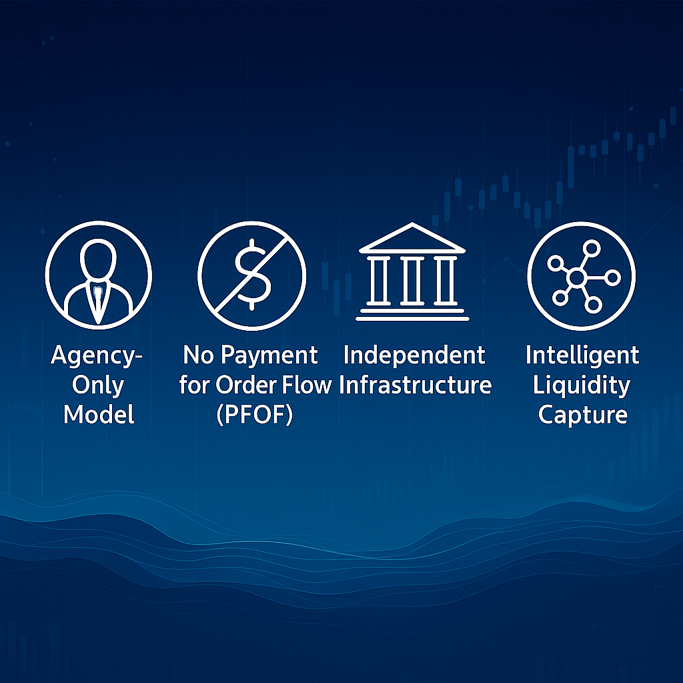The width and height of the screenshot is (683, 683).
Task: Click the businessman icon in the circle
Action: [x=99, y=275]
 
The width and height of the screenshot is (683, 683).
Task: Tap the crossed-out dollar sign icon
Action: [x=251, y=275]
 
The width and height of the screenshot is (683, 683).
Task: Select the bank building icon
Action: [x=412, y=272]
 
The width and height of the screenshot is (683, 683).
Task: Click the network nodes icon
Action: [x=581, y=275]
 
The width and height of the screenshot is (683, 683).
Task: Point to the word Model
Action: [x=99, y=414]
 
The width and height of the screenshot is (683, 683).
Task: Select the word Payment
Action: [x=269, y=356]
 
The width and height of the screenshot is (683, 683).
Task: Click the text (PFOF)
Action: [x=254, y=415]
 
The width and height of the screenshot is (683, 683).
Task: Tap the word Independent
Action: [x=414, y=356]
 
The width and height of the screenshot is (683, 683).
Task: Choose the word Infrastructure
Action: [x=415, y=385]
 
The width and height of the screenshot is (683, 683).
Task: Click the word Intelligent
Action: [x=582, y=356]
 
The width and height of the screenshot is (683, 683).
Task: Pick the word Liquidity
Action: [x=582, y=386]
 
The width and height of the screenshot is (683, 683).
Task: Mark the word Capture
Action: [x=583, y=415]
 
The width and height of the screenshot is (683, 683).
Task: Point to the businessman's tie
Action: [x=98, y=301]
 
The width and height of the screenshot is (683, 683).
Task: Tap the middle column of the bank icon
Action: [x=412, y=281]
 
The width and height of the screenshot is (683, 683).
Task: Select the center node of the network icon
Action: [x=577, y=277]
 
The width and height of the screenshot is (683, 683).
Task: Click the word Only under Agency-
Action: [x=98, y=386]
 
